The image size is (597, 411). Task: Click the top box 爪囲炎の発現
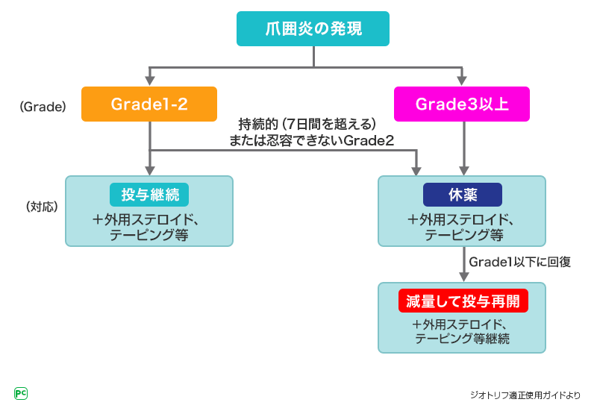coord(313,29)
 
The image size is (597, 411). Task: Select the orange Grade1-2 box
coord(149,104)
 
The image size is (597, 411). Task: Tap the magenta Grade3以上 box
coord(463,104)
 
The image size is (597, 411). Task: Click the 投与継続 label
coord(149,195)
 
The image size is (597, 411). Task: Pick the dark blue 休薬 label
coord(463,195)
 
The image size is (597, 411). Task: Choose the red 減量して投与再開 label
coord(463,301)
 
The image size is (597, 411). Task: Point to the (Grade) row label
coord(43,107)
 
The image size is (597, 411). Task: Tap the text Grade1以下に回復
coord(520,262)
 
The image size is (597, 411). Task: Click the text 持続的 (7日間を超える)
coord(306,123)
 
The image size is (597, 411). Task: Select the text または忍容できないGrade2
coord(312,139)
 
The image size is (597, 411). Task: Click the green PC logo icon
coord(21,393)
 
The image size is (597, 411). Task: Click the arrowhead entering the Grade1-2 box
coord(149,82)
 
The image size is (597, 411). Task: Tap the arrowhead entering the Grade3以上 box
coord(463,82)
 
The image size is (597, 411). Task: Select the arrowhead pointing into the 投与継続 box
coord(149,171)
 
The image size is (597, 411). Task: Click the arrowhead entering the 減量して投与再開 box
coord(463,277)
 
